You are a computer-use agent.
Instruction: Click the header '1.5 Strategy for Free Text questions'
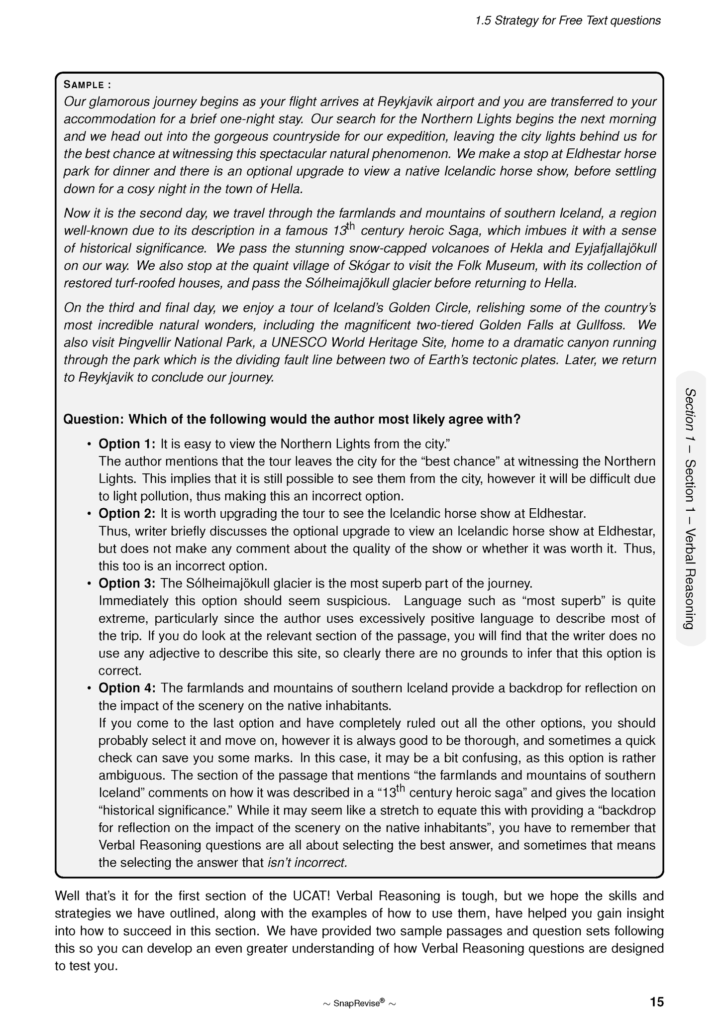[x=568, y=20]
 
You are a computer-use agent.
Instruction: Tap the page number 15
[x=656, y=1002]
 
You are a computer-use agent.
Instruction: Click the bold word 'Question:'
[x=93, y=419]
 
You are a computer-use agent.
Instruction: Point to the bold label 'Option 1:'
[x=127, y=444]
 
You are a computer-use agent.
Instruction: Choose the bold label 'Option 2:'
[x=127, y=513]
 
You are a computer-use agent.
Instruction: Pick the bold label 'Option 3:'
[x=127, y=583]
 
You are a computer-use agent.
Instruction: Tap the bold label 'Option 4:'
[x=127, y=688]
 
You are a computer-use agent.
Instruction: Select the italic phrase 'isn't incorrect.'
[x=308, y=863]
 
